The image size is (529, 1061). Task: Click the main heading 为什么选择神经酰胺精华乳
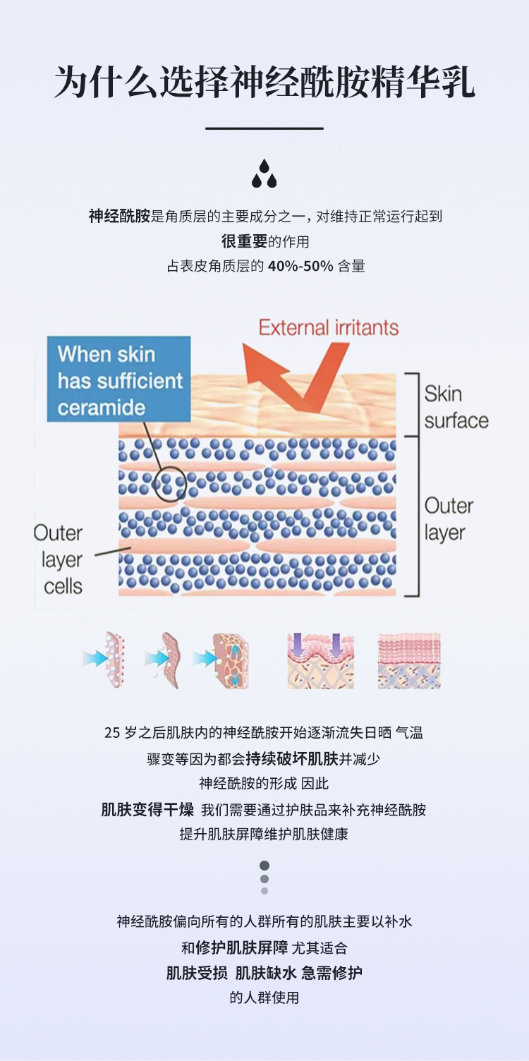pyautogui.click(x=264, y=83)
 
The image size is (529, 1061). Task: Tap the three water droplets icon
pyautogui.click(x=264, y=174)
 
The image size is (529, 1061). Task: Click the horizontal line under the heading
pyautogui.click(x=264, y=128)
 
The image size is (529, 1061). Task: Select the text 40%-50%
pyautogui.click(x=300, y=267)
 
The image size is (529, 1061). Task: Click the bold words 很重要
pyautogui.click(x=244, y=241)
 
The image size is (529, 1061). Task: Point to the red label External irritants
pyautogui.click(x=329, y=327)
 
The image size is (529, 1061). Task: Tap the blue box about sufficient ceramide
pyautogui.click(x=119, y=380)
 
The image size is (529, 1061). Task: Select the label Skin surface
pyautogui.click(x=456, y=407)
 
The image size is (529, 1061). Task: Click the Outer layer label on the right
pyautogui.click(x=449, y=519)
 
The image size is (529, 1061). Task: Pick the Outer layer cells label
pyautogui.click(x=61, y=559)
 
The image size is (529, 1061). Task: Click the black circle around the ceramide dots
pyautogui.click(x=170, y=484)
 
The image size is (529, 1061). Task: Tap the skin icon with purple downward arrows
pyautogui.click(x=320, y=660)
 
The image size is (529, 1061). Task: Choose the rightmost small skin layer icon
pyautogui.click(x=409, y=660)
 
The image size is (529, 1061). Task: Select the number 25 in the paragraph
pyautogui.click(x=112, y=733)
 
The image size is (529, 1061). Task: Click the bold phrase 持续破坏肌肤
pyautogui.click(x=292, y=759)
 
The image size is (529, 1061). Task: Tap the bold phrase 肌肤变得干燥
pyautogui.click(x=147, y=809)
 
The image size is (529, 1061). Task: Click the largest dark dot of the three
pyautogui.click(x=264, y=866)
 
